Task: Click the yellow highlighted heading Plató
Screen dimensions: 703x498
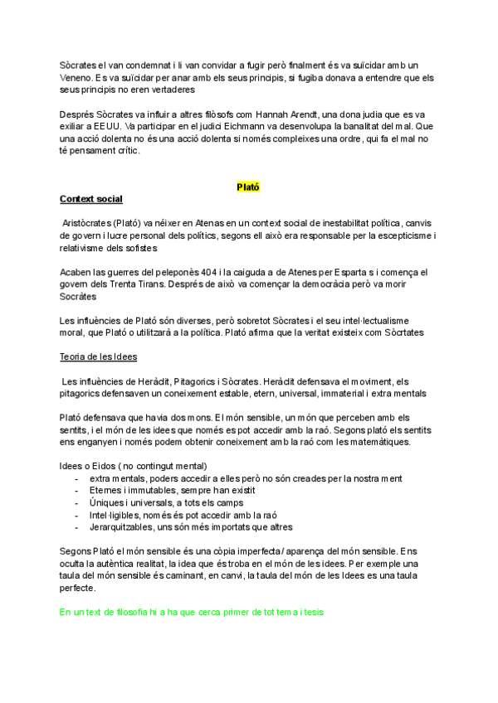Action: coord(248,187)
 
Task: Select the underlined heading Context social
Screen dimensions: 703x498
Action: coord(91,200)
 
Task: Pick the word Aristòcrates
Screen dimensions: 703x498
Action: coord(92,225)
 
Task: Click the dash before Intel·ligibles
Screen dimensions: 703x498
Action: coord(77,514)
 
